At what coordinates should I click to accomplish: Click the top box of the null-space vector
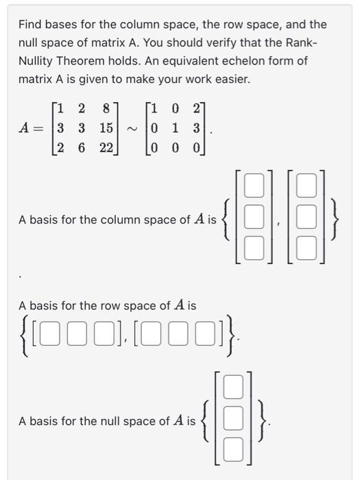(x=235, y=391)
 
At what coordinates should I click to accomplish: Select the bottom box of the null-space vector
(x=235, y=451)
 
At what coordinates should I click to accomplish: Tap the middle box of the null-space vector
(x=235, y=421)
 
